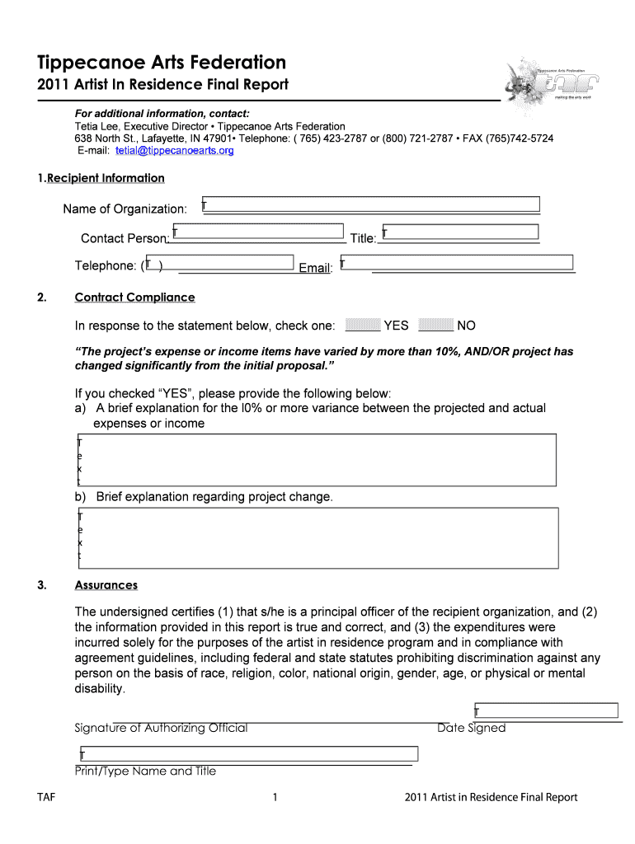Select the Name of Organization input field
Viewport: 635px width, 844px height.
371,204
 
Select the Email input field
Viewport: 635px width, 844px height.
457,262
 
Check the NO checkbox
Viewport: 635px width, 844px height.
436,325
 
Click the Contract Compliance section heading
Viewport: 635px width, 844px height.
134,298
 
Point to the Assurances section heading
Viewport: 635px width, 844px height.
106,585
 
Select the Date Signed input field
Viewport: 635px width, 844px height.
546,710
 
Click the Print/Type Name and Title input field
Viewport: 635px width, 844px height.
248,754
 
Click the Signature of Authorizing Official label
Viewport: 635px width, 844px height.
161,728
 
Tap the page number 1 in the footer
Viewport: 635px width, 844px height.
273,797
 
